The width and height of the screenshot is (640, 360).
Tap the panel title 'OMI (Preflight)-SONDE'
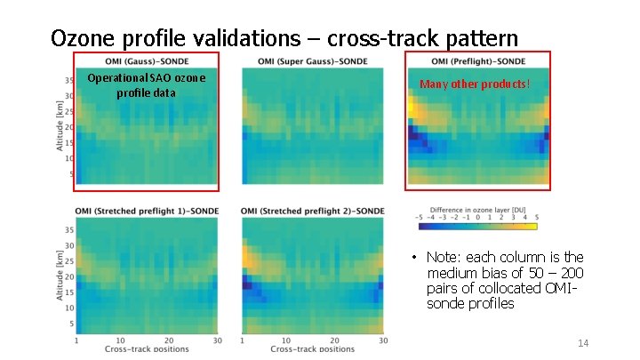click(478, 61)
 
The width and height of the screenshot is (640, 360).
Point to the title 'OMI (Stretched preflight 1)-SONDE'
click(147, 211)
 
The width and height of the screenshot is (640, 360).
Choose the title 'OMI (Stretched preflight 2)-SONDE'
click(312, 211)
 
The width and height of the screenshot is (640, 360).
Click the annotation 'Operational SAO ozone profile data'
click(146, 84)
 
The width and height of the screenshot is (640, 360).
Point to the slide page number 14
click(583, 343)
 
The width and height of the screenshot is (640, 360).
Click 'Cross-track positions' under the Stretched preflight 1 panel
click(147, 349)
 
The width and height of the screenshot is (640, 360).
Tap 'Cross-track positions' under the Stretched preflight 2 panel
click(312, 349)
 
